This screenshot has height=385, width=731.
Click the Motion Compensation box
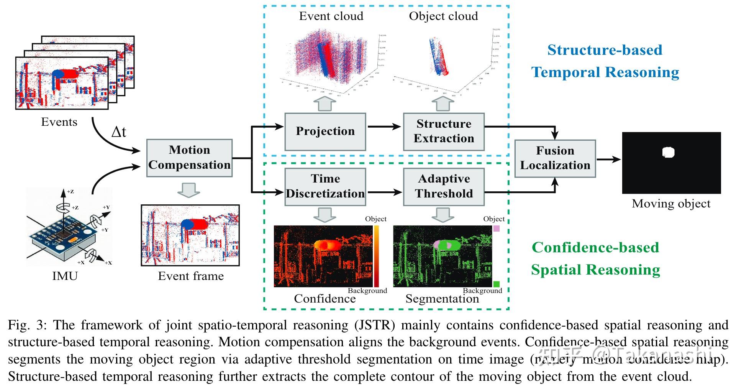coord(189,158)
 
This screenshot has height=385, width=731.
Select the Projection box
coord(325,131)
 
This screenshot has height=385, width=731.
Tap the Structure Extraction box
coord(444,131)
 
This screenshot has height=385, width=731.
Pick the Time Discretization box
coord(325,186)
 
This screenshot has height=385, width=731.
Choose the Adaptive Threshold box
coord(444,186)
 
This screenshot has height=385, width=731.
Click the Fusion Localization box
coord(555,158)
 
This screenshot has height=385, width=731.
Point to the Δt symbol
coord(118,132)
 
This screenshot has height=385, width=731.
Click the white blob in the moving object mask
coord(668,152)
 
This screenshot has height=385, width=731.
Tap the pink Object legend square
coord(496,229)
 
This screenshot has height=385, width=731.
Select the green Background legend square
coord(497,284)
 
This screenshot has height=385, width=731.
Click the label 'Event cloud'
coord(331,16)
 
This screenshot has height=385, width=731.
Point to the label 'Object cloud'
coord(443,16)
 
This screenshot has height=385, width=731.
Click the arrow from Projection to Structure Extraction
coord(384,127)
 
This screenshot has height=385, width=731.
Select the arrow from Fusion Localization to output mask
coord(608,159)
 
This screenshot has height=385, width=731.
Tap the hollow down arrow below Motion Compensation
coord(189,189)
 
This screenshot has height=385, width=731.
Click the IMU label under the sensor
coord(65,276)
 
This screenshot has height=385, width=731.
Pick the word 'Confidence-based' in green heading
coord(595,247)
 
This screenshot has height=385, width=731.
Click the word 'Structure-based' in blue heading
coord(605,50)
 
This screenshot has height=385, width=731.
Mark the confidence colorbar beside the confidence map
coord(376,256)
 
